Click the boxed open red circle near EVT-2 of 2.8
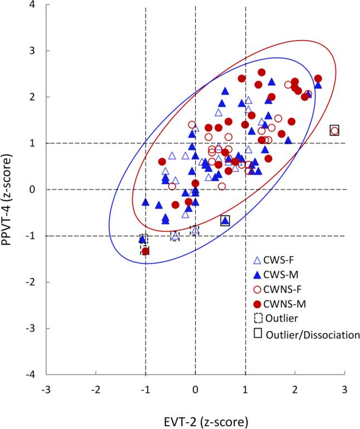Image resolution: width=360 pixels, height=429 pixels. [334, 130]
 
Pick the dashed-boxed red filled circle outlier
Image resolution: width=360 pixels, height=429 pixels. [145, 251]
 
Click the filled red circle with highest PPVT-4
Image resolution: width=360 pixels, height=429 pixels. [261, 72]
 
